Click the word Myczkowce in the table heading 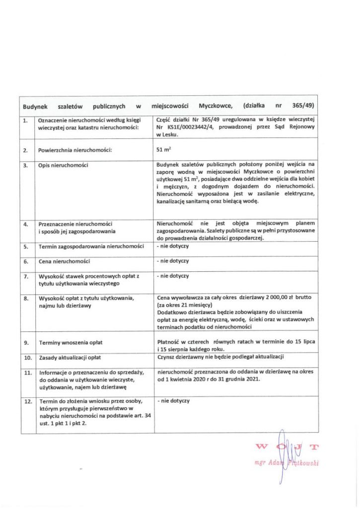click(x=215, y=106)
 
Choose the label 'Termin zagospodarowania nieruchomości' click(x=91, y=247)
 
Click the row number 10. click(x=27, y=357)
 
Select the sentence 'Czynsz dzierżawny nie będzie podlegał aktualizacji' click(x=219, y=357)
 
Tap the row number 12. click(x=27, y=401)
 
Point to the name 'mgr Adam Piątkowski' click(x=286, y=463)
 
